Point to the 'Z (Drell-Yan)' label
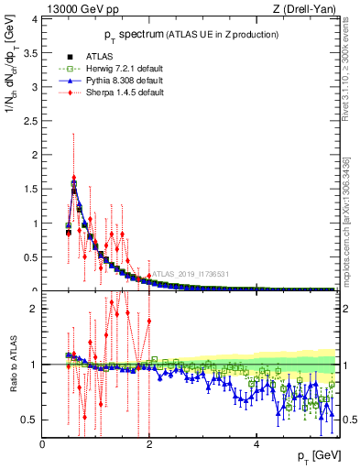coord(309,10)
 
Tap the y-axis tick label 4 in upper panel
coord(34,18)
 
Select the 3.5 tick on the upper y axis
coord(30,52)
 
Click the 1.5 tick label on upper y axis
coord(30,189)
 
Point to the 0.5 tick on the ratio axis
coord(30,420)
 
